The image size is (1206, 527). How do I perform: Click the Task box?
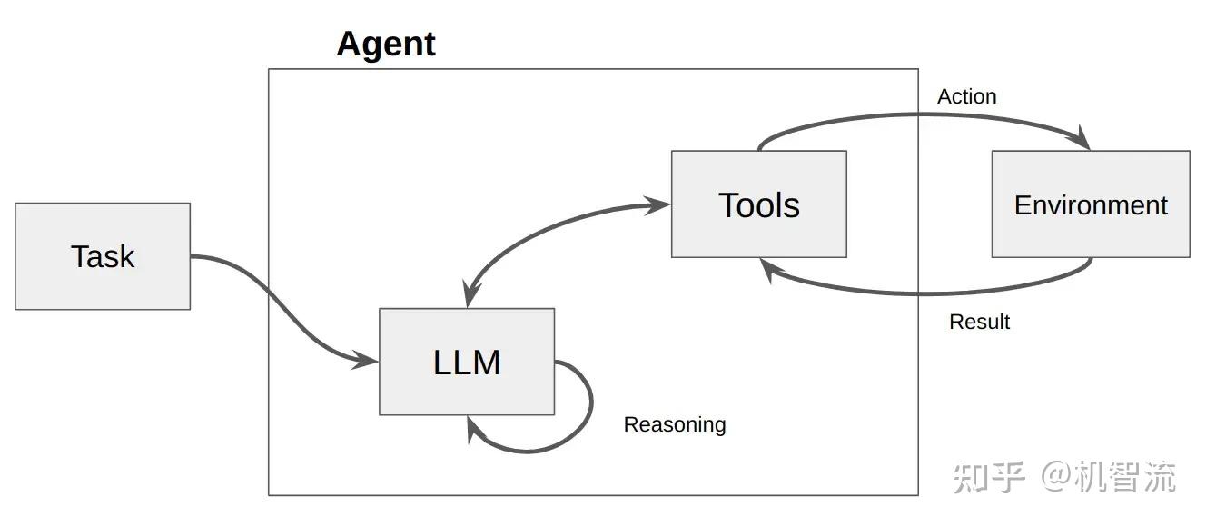click(103, 256)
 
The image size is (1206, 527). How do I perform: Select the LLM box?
click(467, 362)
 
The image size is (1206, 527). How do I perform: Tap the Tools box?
click(759, 204)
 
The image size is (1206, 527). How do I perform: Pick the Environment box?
click(1091, 204)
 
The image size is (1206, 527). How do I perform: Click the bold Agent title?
click(386, 44)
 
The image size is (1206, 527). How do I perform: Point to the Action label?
click(966, 96)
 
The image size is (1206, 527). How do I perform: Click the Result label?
click(979, 322)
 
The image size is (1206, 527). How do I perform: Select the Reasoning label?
click(675, 424)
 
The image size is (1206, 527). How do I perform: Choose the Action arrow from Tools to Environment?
click(917, 115)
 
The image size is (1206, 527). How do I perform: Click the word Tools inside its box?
click(759, 205)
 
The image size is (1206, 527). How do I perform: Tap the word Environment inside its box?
click(1091, 205)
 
